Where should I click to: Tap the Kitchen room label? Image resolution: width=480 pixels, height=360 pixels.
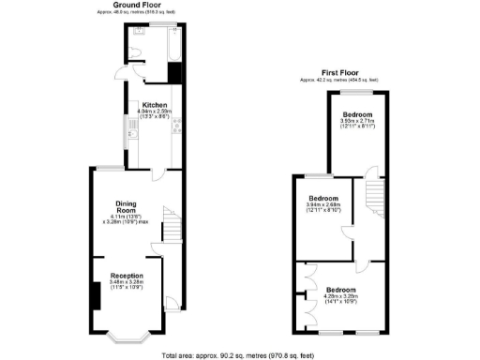coord(155,104)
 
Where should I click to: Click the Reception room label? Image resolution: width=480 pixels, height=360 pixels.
coord(127,276)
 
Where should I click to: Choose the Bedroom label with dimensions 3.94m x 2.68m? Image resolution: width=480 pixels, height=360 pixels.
coord(323,198)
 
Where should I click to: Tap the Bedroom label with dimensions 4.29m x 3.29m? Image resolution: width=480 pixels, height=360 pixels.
coord(340,291)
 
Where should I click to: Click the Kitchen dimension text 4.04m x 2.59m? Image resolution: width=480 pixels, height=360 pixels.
coord(155,114)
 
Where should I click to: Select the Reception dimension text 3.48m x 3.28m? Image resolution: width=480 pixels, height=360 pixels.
coord(127,285)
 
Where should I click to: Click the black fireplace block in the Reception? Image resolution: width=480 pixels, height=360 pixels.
coord(96,296)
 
